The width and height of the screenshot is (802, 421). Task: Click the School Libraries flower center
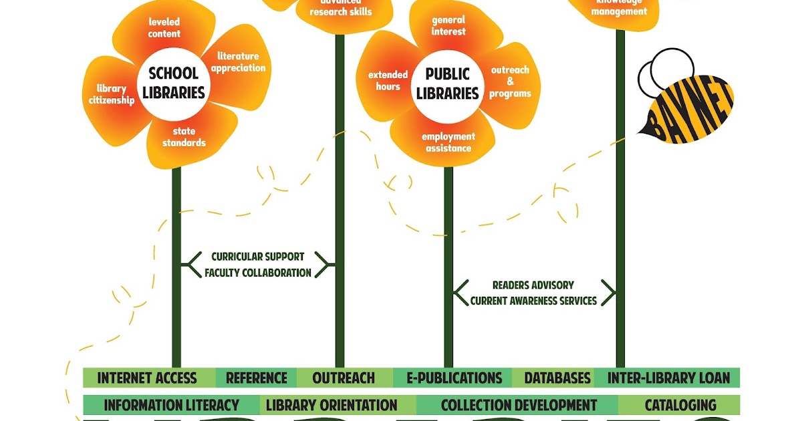172,83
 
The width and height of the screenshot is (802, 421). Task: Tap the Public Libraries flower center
448,84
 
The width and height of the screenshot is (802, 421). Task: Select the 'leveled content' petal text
164,27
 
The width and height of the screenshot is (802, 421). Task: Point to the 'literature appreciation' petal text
238,62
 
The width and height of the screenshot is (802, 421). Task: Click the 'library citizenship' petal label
112,94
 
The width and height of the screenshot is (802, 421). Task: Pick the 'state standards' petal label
184,137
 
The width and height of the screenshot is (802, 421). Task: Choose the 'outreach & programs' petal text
510,82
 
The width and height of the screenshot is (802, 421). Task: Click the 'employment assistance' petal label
448,142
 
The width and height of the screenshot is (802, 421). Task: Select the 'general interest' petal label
448,26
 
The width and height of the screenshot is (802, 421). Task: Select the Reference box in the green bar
256,378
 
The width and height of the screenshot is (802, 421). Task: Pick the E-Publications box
455,378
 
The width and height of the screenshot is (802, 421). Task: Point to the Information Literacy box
171,405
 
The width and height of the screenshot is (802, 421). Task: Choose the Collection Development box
519,405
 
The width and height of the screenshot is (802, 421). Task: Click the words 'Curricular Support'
258,257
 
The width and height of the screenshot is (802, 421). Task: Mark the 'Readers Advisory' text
533,285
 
